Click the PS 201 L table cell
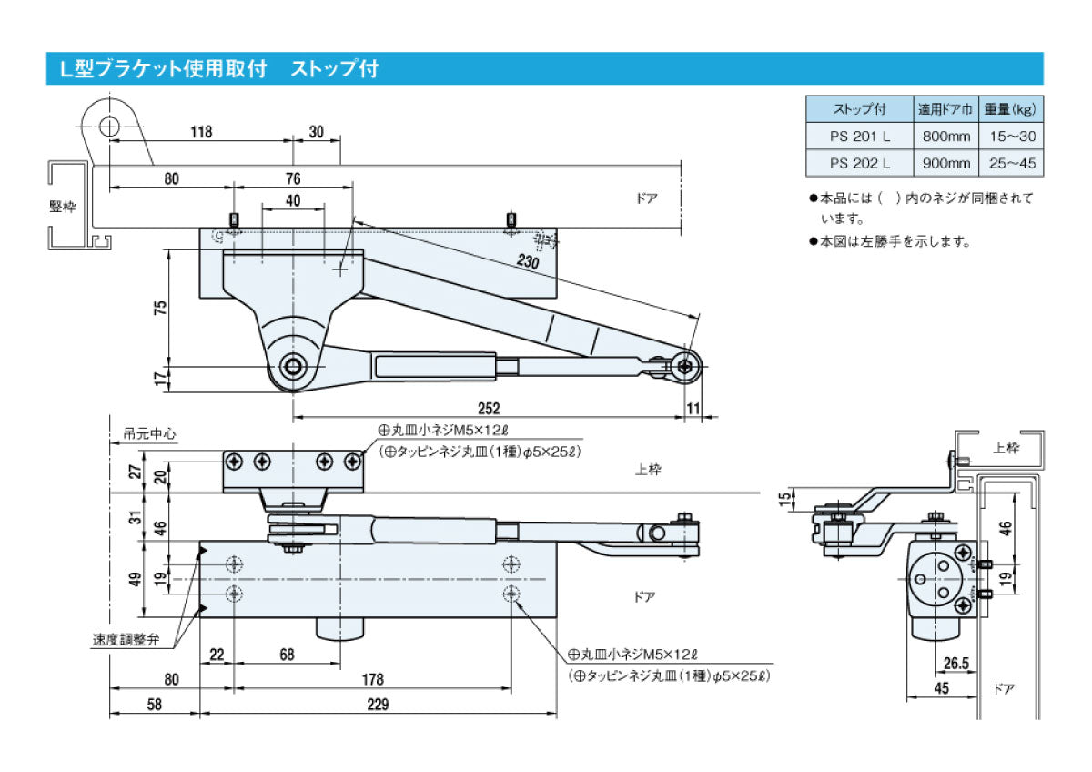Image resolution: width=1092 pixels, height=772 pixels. point(860,137)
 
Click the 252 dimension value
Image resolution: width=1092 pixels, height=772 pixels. point(489,409)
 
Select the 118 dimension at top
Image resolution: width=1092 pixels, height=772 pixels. point(201,131)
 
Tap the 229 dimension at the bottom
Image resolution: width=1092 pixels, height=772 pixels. point(378,704)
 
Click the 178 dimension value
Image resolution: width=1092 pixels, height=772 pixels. point(371,679)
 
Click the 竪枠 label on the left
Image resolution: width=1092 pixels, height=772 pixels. point(63,206)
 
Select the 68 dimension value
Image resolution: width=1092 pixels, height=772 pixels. point(287,655)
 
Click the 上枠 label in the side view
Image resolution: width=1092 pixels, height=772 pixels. point(1006,447)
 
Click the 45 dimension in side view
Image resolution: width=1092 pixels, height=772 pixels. point(941,688)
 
